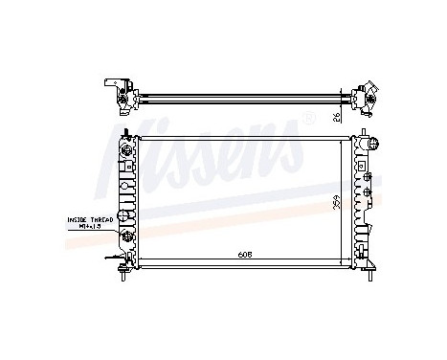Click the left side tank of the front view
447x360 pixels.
click(x=124, y=201)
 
